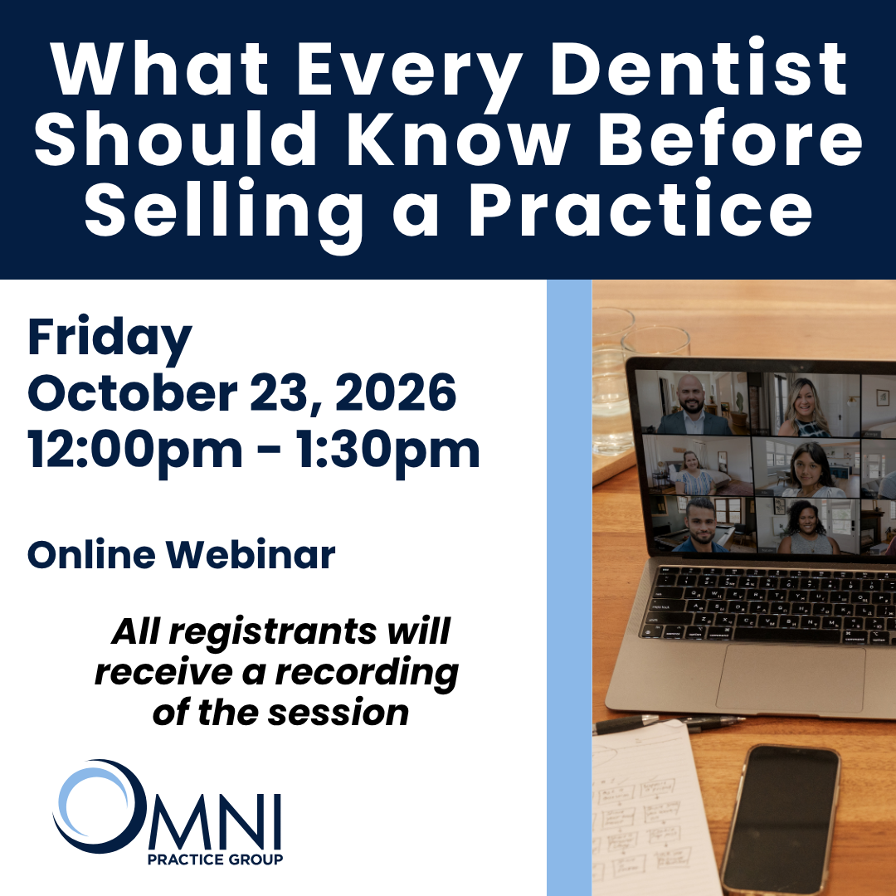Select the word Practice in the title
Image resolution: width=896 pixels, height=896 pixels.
pos(640,207)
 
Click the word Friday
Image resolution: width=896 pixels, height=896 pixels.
pos(110,338)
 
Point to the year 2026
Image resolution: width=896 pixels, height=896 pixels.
pos(396,392)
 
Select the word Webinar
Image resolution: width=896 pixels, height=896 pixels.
pos(251,554)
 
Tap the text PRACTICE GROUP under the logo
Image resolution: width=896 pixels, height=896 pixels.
pos(216,859)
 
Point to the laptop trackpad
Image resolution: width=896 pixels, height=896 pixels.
pos(791,679)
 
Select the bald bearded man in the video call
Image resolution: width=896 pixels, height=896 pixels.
pos(693,405)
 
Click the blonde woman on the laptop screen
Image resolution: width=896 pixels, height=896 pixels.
pos(805,407)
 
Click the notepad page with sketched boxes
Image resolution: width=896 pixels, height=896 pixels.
pos(651,811)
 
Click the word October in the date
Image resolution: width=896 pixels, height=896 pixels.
pos(133,392)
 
